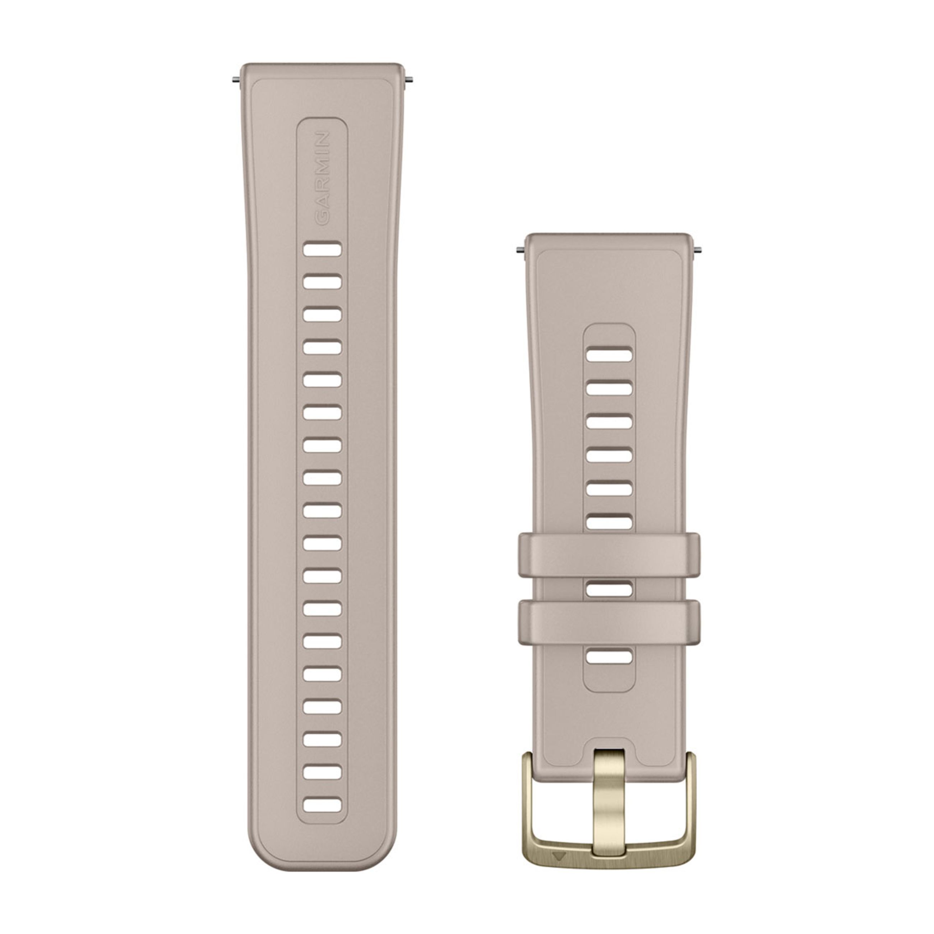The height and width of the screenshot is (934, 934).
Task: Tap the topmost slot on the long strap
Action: pyautogui.click(x=322, y=249)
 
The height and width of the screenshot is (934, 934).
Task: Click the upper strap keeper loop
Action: pyautogui.click(x=609, y=555)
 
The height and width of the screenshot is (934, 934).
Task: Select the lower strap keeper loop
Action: pyautogui.click(x=609, y=622)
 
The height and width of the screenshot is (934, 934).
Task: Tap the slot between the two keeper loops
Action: pyautogui.click(x=609, y=589)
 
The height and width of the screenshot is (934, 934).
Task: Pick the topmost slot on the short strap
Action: pyautogui.click(x=609, y=355)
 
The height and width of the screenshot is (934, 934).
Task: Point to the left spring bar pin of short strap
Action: pyautogui.click(x=521, y=250)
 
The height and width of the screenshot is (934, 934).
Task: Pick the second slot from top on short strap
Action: pyautogui.click(x=609, y=389)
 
